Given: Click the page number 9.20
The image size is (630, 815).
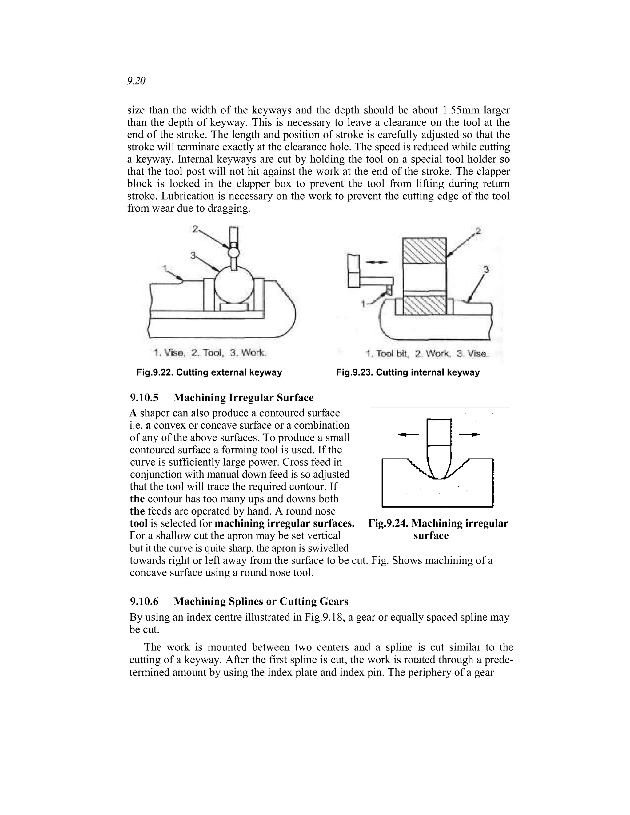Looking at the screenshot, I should pos(136,81).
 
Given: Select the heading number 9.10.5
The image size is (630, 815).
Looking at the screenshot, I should pos(144,397).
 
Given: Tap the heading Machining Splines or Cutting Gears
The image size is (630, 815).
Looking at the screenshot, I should pos(261,601).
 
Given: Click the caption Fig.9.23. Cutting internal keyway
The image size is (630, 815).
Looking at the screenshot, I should pos(408,372).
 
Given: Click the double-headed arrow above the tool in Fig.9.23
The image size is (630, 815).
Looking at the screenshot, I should pos(376,262).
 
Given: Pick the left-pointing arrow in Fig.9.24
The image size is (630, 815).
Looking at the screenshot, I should pos(408,434).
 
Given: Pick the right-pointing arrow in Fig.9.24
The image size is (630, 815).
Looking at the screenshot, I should pos(469,434).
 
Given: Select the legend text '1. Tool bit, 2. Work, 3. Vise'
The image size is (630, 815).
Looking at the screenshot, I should pos(427,353).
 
